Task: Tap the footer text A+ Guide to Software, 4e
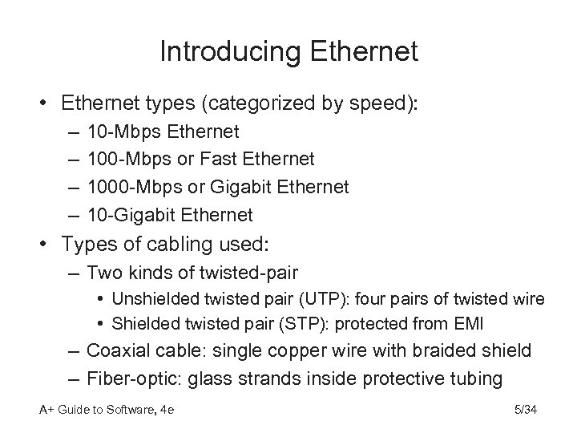[x=107, y=411]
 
